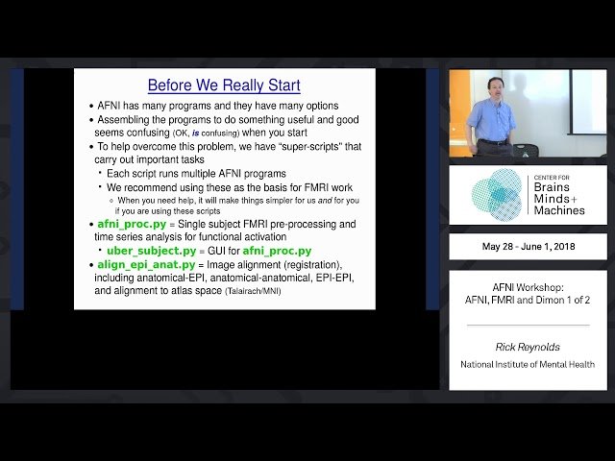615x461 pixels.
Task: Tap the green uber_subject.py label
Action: pyautogui.click(x=157, y=251)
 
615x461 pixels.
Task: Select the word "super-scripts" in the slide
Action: pyautogui.click(x=293, y=146)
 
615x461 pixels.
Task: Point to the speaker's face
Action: pyautogui.click(x=494, y=88)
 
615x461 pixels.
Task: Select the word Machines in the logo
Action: pyautogui.click(x=561, y=210)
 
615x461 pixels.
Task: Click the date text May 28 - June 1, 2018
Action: pyautogui.click(x=528, y=247)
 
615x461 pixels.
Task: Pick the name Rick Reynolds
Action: pyautogui.click(x=528, y=348)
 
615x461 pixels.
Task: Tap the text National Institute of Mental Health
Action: pyautogui.click(x=528, y=365)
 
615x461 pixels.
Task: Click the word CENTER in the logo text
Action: pyautogui.click(x=547, y=178)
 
